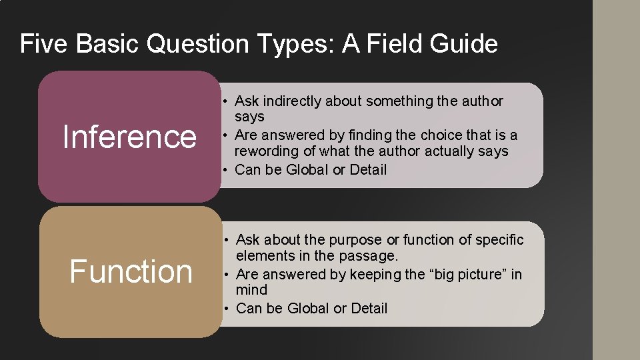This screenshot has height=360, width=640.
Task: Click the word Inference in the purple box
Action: point(129,137)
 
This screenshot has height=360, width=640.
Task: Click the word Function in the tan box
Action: point(131,271)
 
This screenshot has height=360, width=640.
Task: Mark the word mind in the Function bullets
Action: point(251,290)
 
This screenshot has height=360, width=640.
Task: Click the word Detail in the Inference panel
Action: point(368,169)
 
